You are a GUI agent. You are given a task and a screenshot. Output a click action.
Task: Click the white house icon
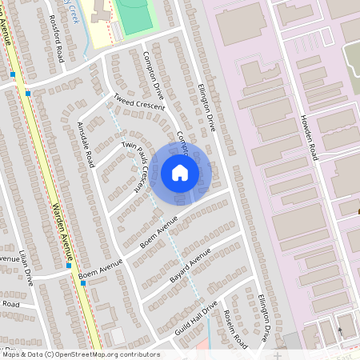(x=180, y=172)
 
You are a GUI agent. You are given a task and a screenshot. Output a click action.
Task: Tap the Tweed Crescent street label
(x=138, y=103)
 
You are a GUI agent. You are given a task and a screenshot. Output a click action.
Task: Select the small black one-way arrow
(x=339, y=330)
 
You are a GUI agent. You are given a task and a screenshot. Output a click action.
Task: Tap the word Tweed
(x=125, y=98)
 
